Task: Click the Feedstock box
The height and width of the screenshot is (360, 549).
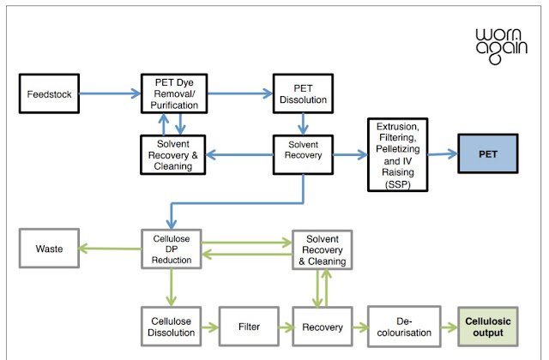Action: pyautogui.click(x=49, y=93)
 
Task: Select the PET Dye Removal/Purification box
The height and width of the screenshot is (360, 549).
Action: pyautogui.click(x=174, y=93)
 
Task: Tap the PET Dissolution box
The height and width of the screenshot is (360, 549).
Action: pyautogui.click(x=303, y=93)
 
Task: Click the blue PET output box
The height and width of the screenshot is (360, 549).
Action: pyautogui.click(x=488, y=153)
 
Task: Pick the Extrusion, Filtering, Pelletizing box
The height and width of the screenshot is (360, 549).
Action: pyautogui.click(x=398, y=154)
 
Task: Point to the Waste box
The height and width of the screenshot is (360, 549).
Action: pyautogui.click(x=49, y=249)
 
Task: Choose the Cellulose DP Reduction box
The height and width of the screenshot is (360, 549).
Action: pyautogui.click(x=172, y=249)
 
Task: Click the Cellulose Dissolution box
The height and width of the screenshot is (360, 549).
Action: pyautogui.click(x=172, y=327)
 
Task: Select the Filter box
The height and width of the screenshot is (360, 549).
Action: pyautogui.click(x=249, y=327)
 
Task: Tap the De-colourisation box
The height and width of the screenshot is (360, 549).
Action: pyautogui.click(x=404, y=327)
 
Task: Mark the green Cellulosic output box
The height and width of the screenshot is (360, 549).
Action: pyautogui.click(x=488, y=327)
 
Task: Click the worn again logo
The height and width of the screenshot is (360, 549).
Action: pyautogui.click(x=501, y=46)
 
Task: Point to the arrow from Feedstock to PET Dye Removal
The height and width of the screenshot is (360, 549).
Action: pyautogui.click(x=110, y=93)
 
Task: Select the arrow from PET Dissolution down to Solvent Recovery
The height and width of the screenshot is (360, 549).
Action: pyautogui.click(x=303, y=123)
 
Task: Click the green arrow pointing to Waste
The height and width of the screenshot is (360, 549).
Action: pyautogui.click(x=110, y=249)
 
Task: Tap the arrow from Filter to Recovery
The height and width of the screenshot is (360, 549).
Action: pyautogui.click(x=286, y=327)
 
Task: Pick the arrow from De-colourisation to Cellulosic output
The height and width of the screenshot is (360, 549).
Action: pyautogui.click(x=449, y=327)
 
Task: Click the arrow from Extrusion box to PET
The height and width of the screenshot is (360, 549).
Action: pyautogui.click(x=443, y=154)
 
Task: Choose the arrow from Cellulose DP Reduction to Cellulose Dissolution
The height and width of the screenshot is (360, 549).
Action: pyautogui.click(x=172, y=288)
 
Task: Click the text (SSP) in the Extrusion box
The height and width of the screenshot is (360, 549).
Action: pyautogui.click(x=398, y=184)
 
